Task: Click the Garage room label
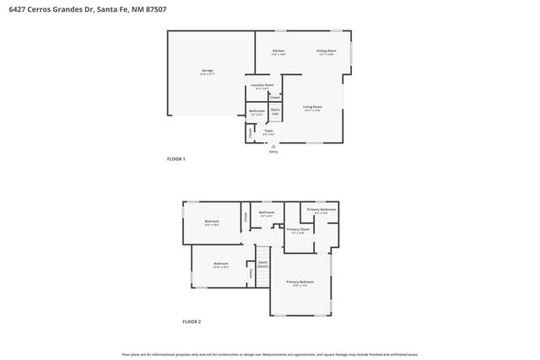[208, 72]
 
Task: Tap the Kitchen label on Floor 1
[278, 53]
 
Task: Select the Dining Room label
[326, 53]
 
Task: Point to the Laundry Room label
[262, 86]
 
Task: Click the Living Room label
[312, 108]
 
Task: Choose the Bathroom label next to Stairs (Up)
[256, 112]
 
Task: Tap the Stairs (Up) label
[275, 112]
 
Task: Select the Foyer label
[269, 132]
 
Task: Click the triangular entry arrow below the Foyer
[273, 145]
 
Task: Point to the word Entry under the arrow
[273, 152]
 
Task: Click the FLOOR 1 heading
[175, 159]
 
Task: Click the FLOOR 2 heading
[192, 321]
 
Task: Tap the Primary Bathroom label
[321, 211]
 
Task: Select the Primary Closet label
[297, 230]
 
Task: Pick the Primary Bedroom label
[300, 282]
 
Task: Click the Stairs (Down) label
[263, 264]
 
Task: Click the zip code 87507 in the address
[157, 8]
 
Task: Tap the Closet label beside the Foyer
[250, 132]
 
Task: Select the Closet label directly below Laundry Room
[274, 98]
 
